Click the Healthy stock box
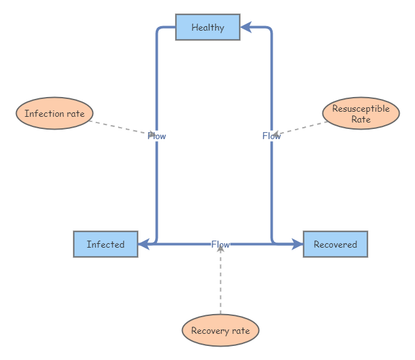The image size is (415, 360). click(x=207, y=27)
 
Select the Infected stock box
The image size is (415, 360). click(x=105, y=244)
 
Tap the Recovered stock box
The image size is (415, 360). click(x=335, y=244)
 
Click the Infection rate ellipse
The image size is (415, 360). click(x=54, y=114)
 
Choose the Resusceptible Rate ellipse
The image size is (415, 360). click(x=361, y=114)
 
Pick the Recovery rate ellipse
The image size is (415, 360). click(x=220, y=331)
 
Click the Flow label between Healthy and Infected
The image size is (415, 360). click(x=156, y=136)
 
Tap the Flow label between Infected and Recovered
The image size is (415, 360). click(x=220, y=244)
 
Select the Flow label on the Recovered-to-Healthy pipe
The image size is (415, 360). click(x=271, y=136)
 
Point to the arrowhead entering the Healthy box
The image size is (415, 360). click(x=246, y=27)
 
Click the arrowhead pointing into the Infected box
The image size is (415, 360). click(x=144, y=244)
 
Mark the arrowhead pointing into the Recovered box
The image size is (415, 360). click(x=297, y=244)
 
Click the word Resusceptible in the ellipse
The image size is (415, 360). click(x=361, y=109)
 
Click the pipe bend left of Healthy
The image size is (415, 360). click(x=158, y=29)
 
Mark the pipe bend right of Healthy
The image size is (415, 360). click(x=270, y=29)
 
